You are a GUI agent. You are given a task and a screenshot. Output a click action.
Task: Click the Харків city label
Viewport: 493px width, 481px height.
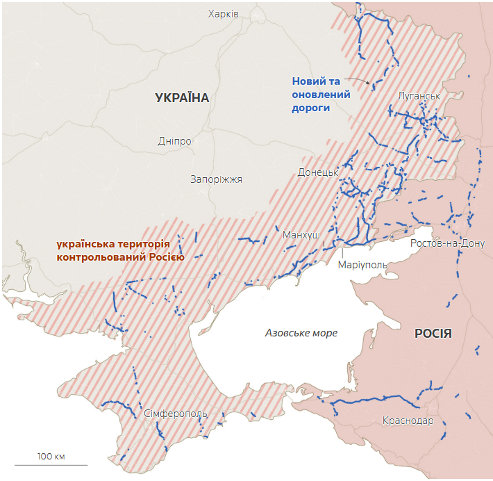pos(224,14)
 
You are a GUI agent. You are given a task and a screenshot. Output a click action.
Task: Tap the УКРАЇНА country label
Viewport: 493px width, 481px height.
pos(182,98)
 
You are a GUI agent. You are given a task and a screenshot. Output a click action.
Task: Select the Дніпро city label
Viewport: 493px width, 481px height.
pos(174,141)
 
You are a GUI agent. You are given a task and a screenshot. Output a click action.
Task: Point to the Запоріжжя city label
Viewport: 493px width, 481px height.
pos(216,179)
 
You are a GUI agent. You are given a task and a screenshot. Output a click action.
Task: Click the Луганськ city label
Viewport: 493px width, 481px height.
pos(419,96)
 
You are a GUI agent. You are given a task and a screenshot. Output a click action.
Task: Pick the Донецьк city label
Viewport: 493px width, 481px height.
pos(317,172)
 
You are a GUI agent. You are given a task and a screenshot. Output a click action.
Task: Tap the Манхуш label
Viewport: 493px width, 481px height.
pos(301,235)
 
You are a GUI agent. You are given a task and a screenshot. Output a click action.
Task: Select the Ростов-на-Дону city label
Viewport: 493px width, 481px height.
pos(447,243)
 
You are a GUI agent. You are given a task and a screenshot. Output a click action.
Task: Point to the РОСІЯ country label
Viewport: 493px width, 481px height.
pos(433,334)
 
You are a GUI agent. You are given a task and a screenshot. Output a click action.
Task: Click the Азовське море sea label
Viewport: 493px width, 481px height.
pos(301,333)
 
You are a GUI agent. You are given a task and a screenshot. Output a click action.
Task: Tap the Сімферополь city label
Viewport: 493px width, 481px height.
pos(176,414)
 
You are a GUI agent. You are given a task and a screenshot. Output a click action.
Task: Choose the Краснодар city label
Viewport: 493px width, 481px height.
pos(408,421)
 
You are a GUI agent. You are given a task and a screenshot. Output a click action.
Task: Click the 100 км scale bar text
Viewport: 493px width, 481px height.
pos(51,456)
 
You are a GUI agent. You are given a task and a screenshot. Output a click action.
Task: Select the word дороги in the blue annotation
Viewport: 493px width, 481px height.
pos(310,108)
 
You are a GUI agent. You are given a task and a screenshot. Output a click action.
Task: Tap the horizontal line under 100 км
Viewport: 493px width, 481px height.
pos(51,464)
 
